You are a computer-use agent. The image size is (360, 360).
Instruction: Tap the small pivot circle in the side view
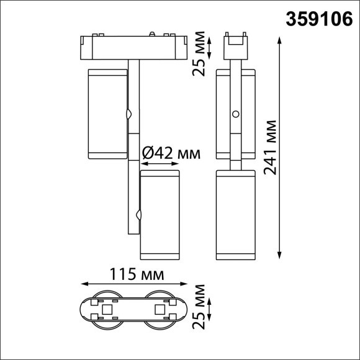pyautogui.click(x=236, y=114)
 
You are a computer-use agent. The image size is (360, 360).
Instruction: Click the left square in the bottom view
pyautogui.click(x=106, y=308)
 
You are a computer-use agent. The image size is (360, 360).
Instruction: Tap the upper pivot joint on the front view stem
pyautogui.click(x=130, y=114)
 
